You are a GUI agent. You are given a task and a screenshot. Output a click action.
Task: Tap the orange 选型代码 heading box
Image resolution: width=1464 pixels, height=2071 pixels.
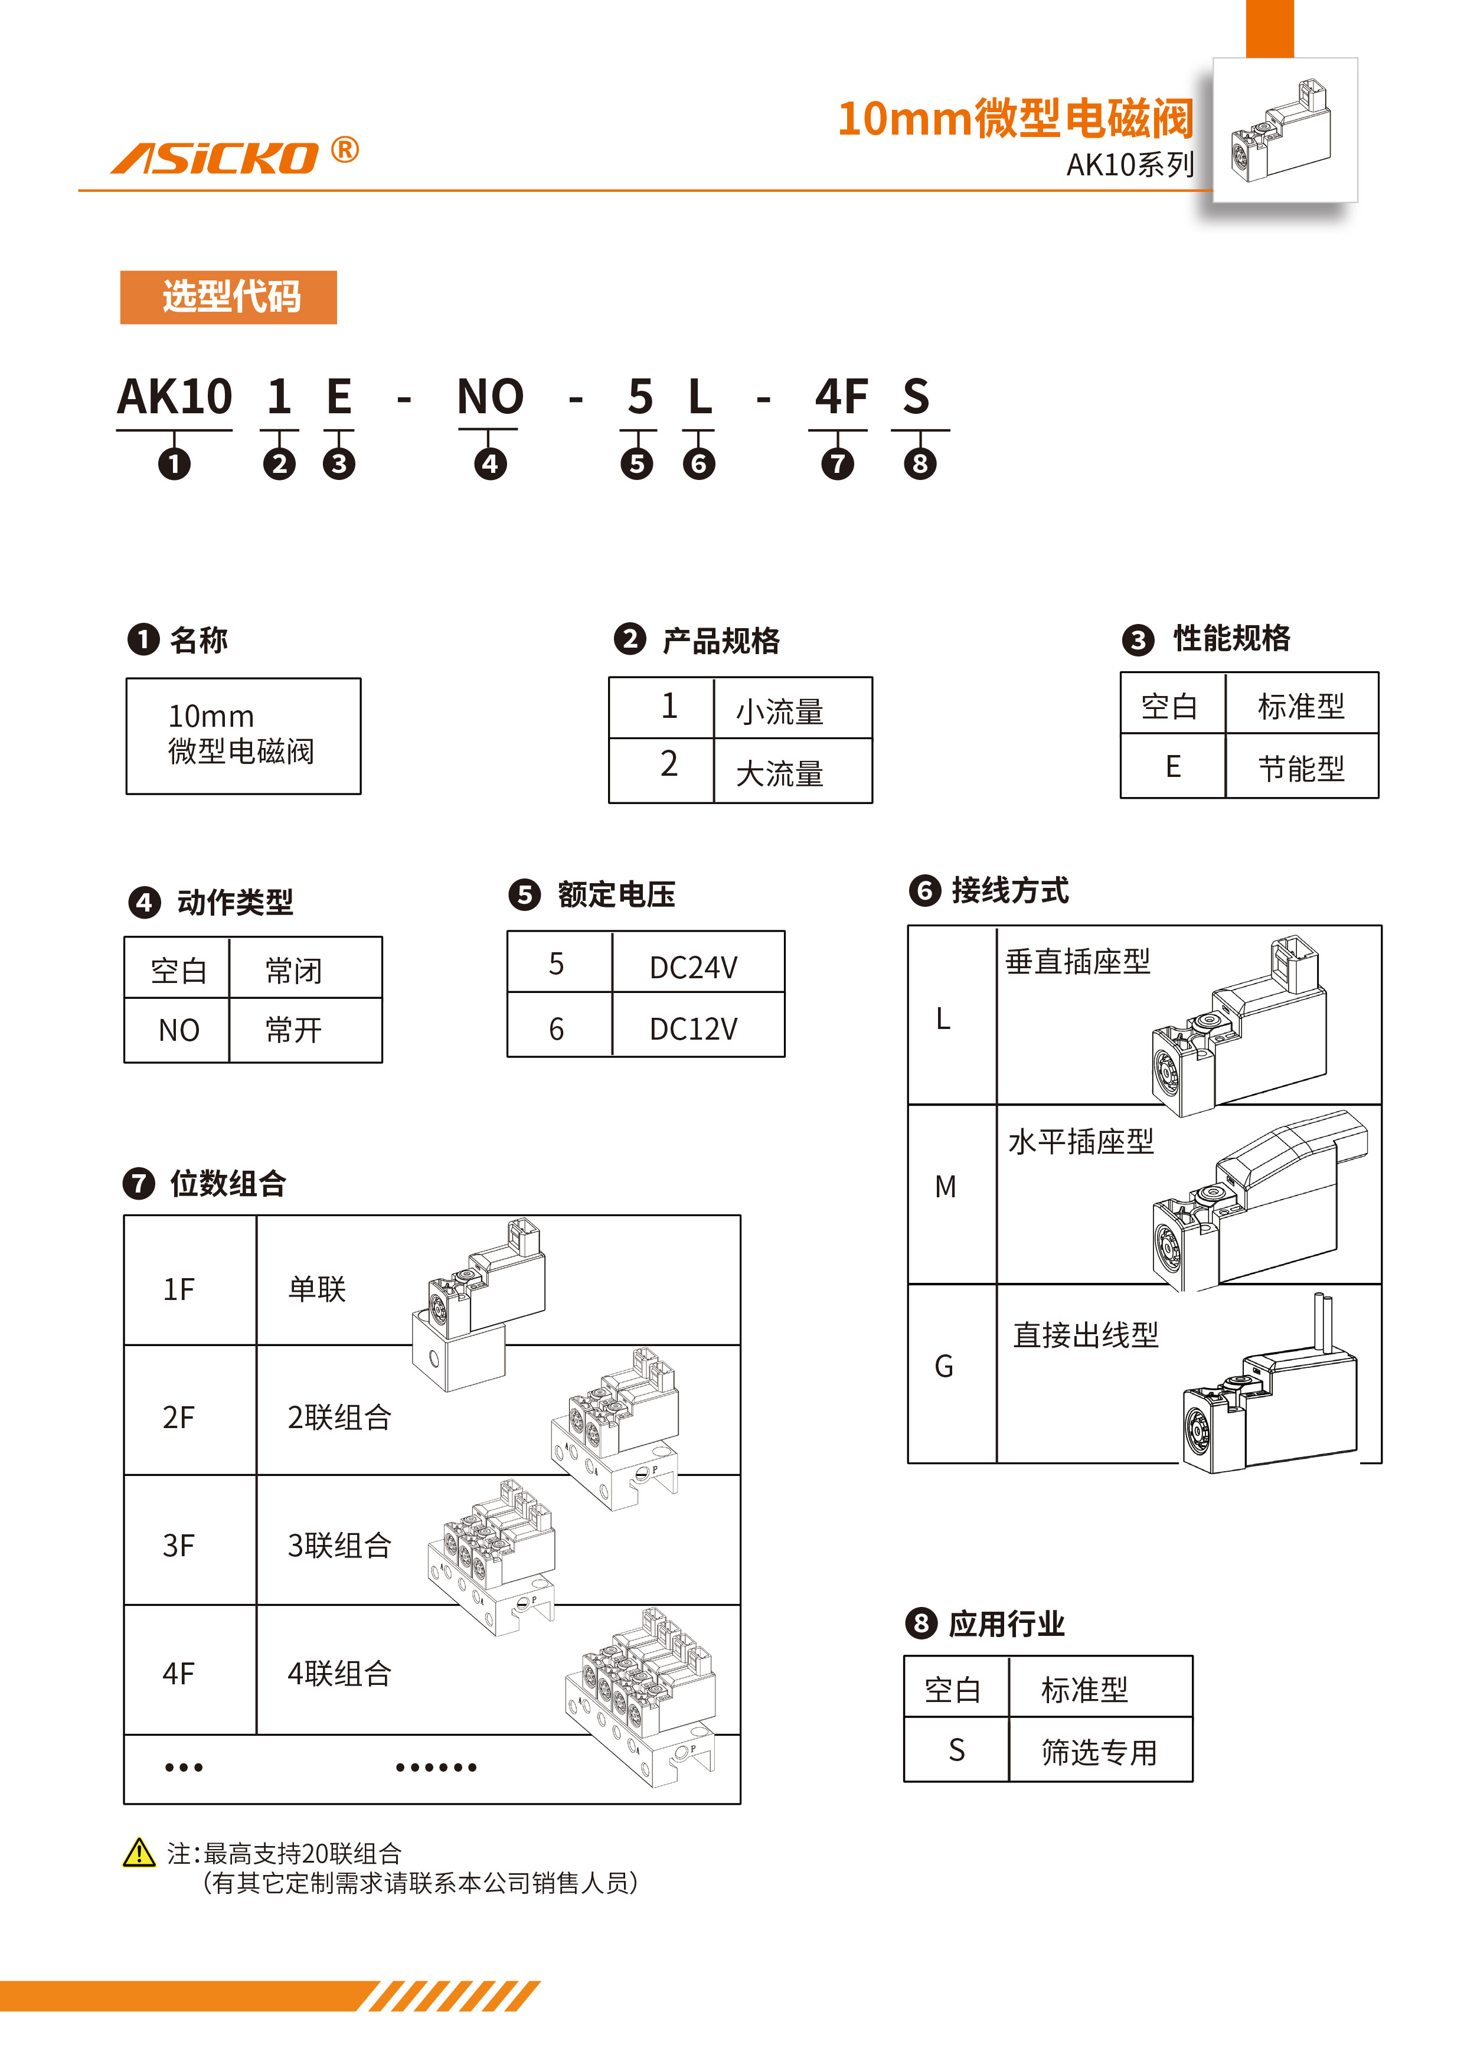tap(228, 297)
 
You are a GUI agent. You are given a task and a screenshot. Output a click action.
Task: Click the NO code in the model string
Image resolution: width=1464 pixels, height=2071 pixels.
tap(490, 397)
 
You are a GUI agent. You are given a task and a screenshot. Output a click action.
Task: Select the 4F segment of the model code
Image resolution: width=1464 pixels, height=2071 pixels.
tap(841, 397)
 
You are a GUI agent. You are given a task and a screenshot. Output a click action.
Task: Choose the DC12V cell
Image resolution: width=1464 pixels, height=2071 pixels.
tap(693, 1028)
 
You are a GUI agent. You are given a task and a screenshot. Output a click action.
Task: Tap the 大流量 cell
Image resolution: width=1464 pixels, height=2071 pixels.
tap(779, 773)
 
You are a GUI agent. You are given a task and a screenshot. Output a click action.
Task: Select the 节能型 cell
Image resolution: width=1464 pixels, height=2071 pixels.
tap(1300, 769)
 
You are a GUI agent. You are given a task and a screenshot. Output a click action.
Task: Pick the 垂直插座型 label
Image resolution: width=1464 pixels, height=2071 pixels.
tap(1078, 962)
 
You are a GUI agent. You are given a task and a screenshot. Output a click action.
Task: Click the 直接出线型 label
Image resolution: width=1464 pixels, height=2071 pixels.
tap(1085, 1335)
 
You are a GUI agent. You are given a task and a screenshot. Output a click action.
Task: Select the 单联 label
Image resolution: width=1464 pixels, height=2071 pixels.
tap(316, 1289)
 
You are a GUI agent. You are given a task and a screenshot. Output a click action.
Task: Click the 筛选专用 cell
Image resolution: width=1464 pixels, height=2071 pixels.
tap(1099, 1752)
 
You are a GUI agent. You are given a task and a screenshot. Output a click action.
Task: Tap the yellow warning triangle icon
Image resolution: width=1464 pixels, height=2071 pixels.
tap(139, 1853)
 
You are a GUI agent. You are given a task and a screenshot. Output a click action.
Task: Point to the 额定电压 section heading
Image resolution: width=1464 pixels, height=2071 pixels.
tap(616, 895)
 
